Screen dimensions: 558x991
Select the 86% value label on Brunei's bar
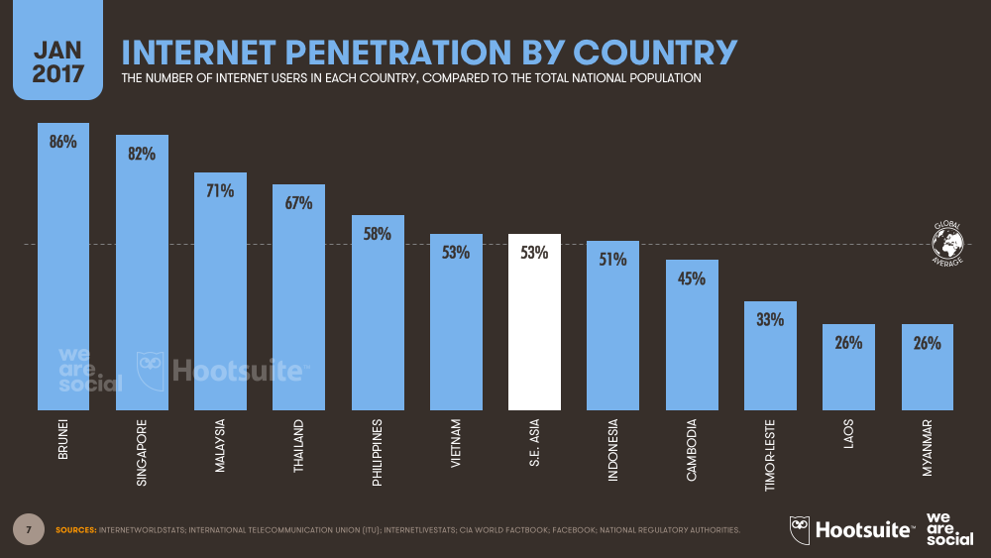tap(62, 142)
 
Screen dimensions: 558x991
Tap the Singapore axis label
tap(142, 451)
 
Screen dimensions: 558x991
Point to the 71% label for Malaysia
tap(220, 191)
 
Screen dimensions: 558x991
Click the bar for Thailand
tap(298, 307)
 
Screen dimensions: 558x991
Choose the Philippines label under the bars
tap(378, 452)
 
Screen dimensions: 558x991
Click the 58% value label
tap(377, 235)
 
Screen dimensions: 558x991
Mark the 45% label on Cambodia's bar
tap(691, 279)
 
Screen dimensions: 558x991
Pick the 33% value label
tap(770, 320)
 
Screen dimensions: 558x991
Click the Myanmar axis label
tap(928, 447)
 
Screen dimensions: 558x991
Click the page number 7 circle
tap(29, 529)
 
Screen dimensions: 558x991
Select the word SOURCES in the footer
tap(75, 530)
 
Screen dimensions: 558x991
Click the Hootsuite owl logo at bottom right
tap(801, 529)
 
